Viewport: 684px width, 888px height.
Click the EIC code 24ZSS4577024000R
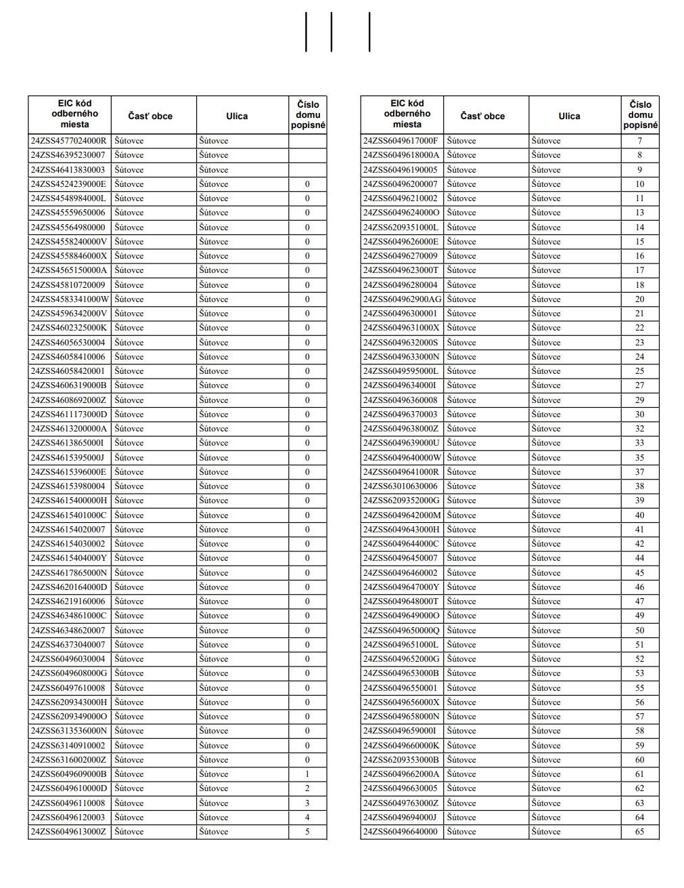(x=68, y=141)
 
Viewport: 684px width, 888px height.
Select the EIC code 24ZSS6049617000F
(x=401, y=141)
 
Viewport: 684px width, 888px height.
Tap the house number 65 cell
(x=639, y=832)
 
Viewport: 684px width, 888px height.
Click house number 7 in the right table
(x=639, y=141)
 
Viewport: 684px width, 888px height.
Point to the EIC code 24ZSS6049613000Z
(x=68, y=832)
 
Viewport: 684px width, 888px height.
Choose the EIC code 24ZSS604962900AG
(x=402, y=299)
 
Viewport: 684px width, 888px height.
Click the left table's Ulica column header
(x=237, y=116)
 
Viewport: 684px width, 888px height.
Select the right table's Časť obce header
(x=482, y=116)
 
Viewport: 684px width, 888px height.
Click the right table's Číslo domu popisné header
(x=640, y=114)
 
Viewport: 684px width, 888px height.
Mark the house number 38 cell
(x=639, y=486)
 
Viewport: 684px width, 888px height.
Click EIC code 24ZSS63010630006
(x=401, y=486)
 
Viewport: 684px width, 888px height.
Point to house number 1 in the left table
(x=307, y=774)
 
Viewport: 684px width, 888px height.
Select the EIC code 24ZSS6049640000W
(x=402, y=458)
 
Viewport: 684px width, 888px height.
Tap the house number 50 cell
(x=639, y=631)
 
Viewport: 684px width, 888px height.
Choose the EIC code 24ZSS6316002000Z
(x=68, y=760)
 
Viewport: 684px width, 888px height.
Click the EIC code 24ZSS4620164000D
(x=68, y=587)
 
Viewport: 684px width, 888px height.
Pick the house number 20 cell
(x=639, y=299)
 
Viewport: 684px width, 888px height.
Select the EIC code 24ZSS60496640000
(x=401, y=832)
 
